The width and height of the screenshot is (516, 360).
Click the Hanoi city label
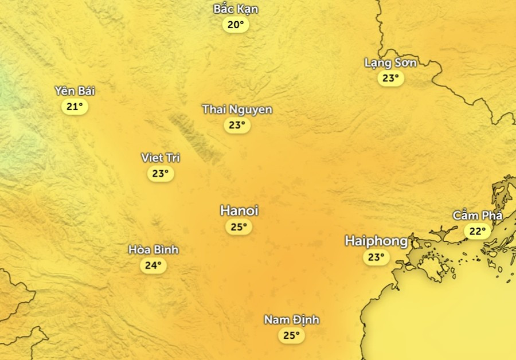[239, 211]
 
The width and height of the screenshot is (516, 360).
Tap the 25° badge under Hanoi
[239, 227]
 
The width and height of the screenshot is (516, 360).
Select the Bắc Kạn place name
[236, 9]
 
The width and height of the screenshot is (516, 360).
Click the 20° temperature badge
[236, 25]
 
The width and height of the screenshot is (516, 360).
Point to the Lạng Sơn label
[390, 62]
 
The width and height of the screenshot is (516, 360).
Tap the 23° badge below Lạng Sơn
[390, 78]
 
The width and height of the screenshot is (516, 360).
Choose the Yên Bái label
[75, 91]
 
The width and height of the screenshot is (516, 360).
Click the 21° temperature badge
[75, 107]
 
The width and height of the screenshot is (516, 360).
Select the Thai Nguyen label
[237, 109]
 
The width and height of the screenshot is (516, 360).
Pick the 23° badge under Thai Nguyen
[237, 125]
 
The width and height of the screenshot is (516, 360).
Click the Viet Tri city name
[161, 158]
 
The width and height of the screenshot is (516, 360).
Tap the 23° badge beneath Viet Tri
[161, 173]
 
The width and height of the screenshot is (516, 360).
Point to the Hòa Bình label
[153, 250]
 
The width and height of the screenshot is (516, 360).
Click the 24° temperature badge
[153, 265]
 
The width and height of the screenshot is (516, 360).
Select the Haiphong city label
[376, 241]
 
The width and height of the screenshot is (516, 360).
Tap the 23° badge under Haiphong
[376, 257]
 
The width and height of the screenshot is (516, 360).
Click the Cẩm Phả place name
[477, 216]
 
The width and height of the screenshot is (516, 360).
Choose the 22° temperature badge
[477, 232]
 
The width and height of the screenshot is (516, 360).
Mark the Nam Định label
[291, 320]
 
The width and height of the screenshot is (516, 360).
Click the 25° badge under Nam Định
[291, 335]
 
